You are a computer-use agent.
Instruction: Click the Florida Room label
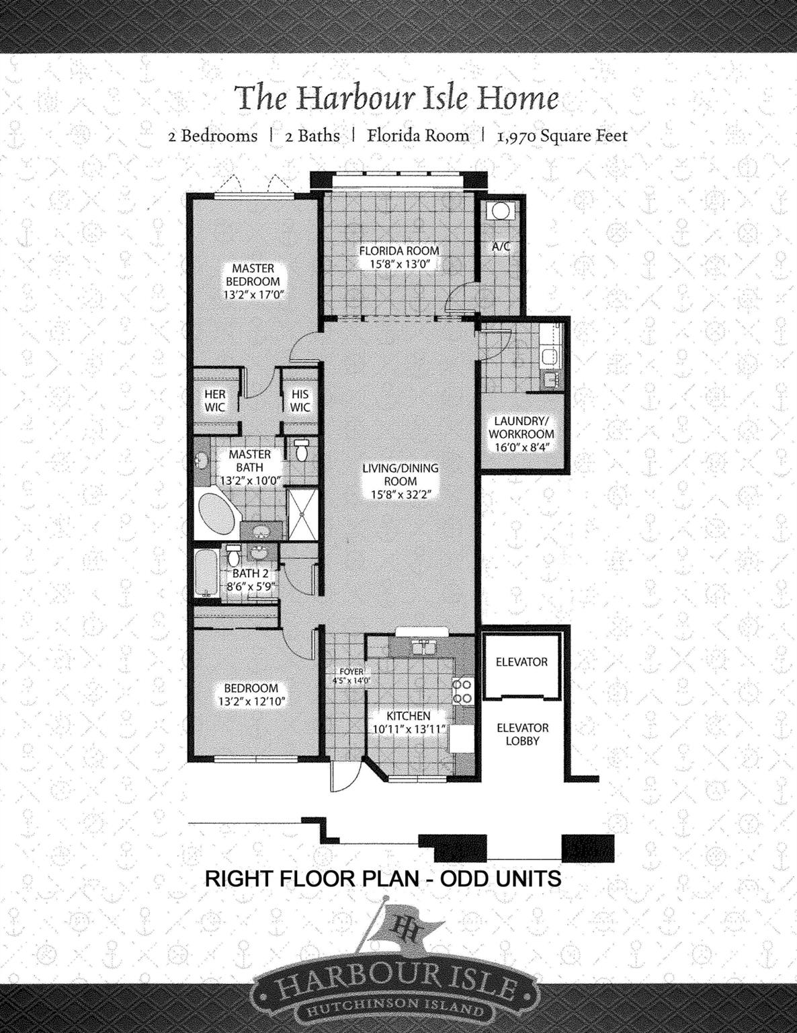[x=399, y=251]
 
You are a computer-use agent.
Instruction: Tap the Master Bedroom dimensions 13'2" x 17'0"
[x=253, y=295]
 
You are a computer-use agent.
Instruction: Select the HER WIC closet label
[x=215, y=401]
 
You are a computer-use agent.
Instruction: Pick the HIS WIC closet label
[x=300, y=401]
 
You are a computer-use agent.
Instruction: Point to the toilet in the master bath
[x=301, y=451]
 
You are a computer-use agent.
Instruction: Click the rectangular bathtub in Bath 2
[x=205, y=573]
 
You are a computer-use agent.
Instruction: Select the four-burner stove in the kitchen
[x=462, y=691]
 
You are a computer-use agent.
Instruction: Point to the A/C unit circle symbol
[x=500, y=211]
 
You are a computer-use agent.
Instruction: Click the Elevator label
[x=521, y=662]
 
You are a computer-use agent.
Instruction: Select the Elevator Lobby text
[x=522, y=734]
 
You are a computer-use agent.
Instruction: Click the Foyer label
[x=351, y=672]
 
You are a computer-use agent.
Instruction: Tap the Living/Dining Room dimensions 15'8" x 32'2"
[x=401, y=496]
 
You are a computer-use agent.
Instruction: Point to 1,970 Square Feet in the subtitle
[x=562, y=136]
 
